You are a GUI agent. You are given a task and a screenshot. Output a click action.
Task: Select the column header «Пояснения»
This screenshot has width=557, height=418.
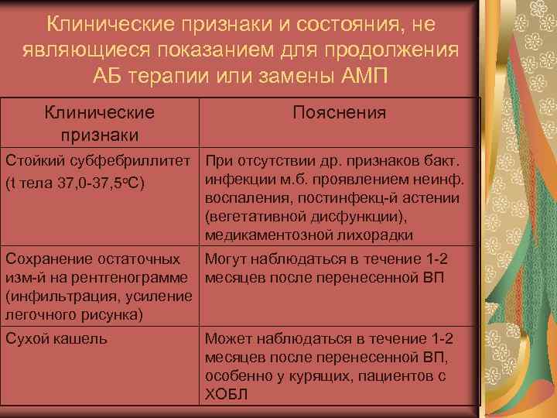(340, 113)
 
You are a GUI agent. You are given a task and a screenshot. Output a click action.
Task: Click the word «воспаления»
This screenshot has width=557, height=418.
(247, 199)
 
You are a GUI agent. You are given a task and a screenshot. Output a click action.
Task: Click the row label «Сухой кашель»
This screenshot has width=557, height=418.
(56, 338)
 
